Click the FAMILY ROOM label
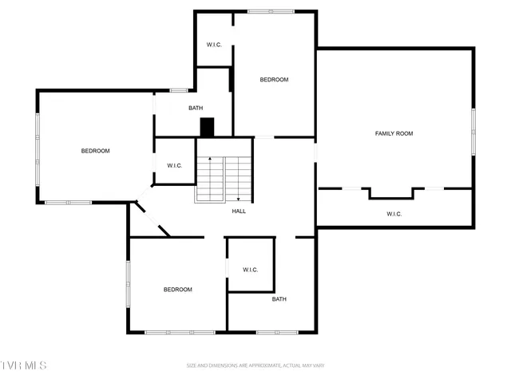click(x=394, y=133)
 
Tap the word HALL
click(x=239, y=211)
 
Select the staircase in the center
click(x=224, y=179)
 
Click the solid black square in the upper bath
click(x=208, y=128)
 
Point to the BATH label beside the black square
click(x=196, y=109)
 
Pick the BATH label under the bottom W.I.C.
click(x=279, y=299)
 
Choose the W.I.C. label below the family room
click(x=394, y=214)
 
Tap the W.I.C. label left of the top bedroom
click(x=214, y=44)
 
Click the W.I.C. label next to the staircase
click(x=175, y=165)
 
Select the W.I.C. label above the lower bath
click(x=251, y=270)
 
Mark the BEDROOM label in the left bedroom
click(x=95, y=151)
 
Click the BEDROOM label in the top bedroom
click(x=274, y=80)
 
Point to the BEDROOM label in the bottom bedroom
click(x=177, y=290)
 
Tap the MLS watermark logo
click(x=23, y=365)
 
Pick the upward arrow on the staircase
click(x=211, y=160)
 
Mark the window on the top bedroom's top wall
click(x=271, y=11)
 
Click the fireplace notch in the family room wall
click(x=391, y=192)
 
